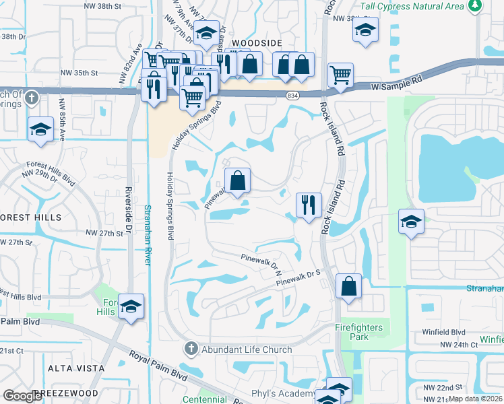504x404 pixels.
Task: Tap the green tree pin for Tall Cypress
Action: [476, 5]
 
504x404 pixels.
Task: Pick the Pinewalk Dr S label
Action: [297, 277]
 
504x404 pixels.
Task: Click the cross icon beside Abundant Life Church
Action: [191, 349]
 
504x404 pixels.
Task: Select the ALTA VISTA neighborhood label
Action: [76, 368]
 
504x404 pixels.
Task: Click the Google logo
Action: [22, 396]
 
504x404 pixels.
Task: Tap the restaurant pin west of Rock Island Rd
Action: [309, 205]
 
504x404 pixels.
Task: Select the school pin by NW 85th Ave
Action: [40, 129]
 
